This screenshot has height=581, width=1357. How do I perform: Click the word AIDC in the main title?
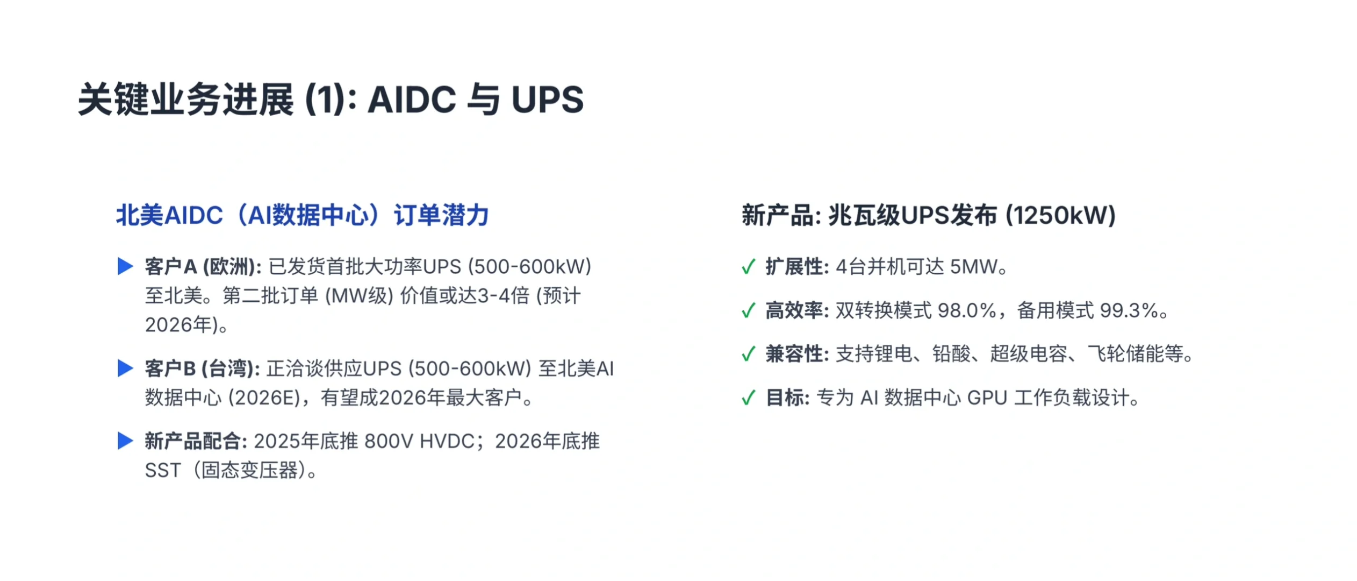(411, 100)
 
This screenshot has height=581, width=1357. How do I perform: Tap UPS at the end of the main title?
(547, 100)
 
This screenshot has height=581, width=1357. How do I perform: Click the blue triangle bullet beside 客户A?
(125, 266)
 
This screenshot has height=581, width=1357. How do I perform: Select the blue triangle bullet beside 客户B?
(125, 369)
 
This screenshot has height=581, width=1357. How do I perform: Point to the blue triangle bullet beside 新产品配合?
(125, 441)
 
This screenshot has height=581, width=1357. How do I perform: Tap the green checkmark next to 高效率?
(748, 310)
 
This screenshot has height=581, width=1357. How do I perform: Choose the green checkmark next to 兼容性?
(748, 354)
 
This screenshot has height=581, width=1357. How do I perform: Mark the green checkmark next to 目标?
(748, 398)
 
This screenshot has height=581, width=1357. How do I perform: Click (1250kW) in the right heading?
(1061, 215)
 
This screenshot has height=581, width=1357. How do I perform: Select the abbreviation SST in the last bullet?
(163, 471)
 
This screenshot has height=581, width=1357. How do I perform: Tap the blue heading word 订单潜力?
(441, 215)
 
